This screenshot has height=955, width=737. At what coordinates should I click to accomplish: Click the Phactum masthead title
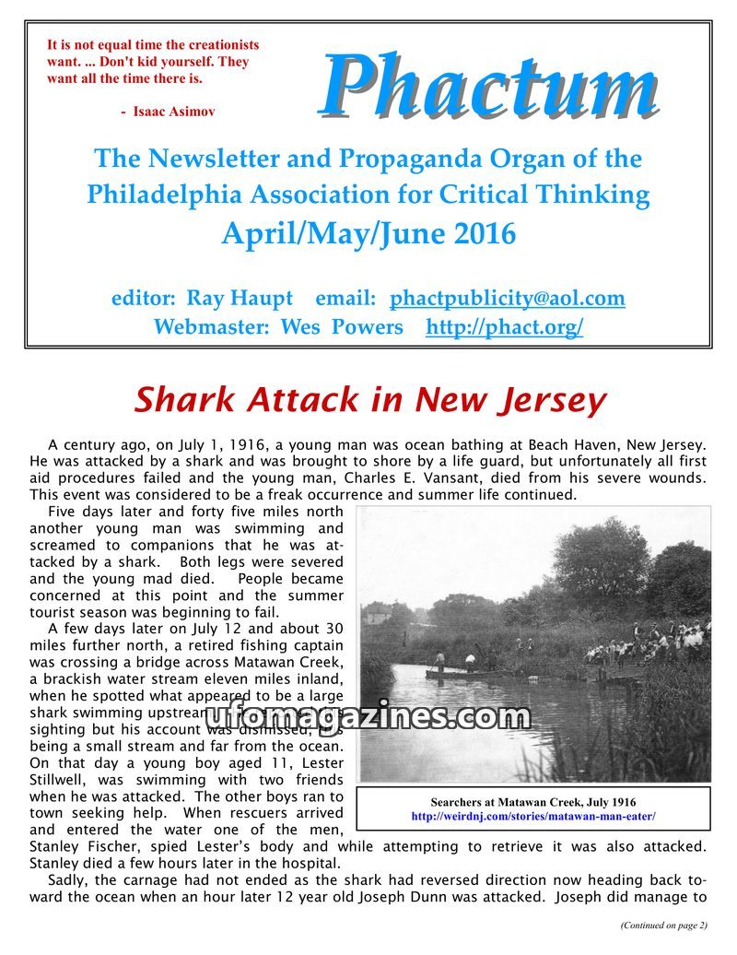(x=489, y=88)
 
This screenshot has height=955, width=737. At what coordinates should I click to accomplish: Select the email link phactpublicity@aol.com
(x=507, y=299)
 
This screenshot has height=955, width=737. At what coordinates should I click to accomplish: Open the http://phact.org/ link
(x=504, y=327)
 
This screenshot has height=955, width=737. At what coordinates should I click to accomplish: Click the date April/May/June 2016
(x=368, y=233)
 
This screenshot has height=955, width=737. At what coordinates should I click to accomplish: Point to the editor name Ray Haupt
(x=240, y=299)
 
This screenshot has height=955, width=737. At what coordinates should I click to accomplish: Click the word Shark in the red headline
(x=184, y=400)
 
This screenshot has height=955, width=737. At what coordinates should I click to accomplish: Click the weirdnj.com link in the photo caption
(x=533, y=817)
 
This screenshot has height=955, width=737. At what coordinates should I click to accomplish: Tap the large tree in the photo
(x=599, y=562)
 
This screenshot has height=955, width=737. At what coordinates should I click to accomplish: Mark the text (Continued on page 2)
(x=663, y=925)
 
